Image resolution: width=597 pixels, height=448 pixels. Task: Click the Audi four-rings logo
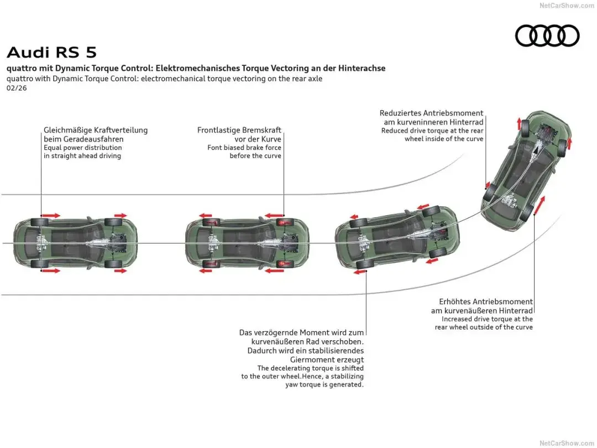(547, 36)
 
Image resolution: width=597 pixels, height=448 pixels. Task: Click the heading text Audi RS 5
(51, 53)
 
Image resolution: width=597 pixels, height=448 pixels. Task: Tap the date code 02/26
(17, 88)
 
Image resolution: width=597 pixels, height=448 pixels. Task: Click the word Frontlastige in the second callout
(219, 130)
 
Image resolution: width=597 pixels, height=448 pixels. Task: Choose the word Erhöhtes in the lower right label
(455, 301)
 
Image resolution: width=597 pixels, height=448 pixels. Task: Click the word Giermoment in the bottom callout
(312, 359)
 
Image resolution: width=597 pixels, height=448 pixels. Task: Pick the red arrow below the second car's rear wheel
(207, 271)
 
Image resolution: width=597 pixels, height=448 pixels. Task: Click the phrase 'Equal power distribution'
(83, 148)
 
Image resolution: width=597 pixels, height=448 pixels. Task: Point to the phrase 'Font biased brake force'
(244, 148)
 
